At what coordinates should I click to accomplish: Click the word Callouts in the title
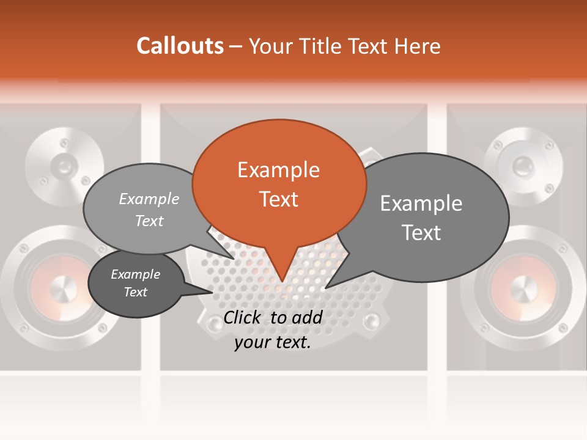click(180, 46)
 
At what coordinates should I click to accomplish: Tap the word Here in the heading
click(418, 46)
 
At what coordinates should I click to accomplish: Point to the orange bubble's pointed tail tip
click(282, 282)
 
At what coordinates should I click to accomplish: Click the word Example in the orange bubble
click(278, 170)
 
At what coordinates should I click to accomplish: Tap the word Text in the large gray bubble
click(421, 233)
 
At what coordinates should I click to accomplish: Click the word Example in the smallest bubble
click(135, 274)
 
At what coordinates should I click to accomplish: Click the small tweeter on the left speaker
click(63, 164)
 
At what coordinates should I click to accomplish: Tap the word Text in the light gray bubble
click(149, 221)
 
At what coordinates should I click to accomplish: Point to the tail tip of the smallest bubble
click(213, 292)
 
